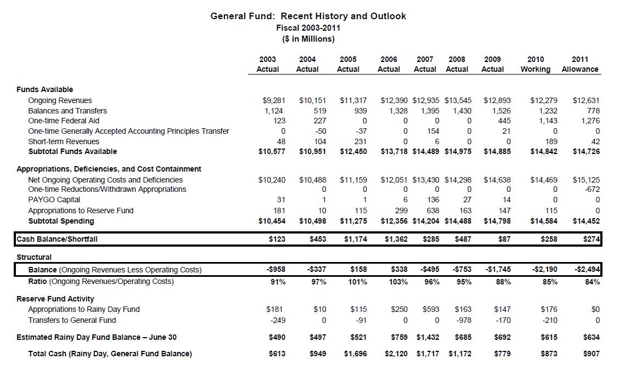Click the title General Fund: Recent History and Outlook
pyautogui.click(x=308, y=16)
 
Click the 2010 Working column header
pyautogui.click(x=536, y=64)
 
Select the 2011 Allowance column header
pyautogui.click(x=580, y=64)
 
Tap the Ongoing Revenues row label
pyautogui.click(x=60, y=100)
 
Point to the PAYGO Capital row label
pyautogui.click(x=54, y=200)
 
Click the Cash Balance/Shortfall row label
pyautogui.click(x=57, y=239)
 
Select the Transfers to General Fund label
pyautogui.click(x=72, y=320)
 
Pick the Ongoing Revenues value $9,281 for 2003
pyautogui.click(x=274, y=100)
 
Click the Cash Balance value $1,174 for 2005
pyautogui.click(x=355, y=239)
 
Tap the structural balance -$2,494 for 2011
pyautogui.click(x=587, y=270)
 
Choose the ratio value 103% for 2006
pyautogui.click(x=398, y=282)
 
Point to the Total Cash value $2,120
pyautogui.click(x=396, y=354)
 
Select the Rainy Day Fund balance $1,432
pyautogui.click(x=427, y=337)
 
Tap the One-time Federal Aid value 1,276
pyautogui.click(x=590, y=121)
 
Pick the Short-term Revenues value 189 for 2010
pyautogui.click(x=550, y=141)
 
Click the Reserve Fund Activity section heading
pyautogui.click(x=55, y=299)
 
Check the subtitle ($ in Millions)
pyautogui.click(x=308, y=39)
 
